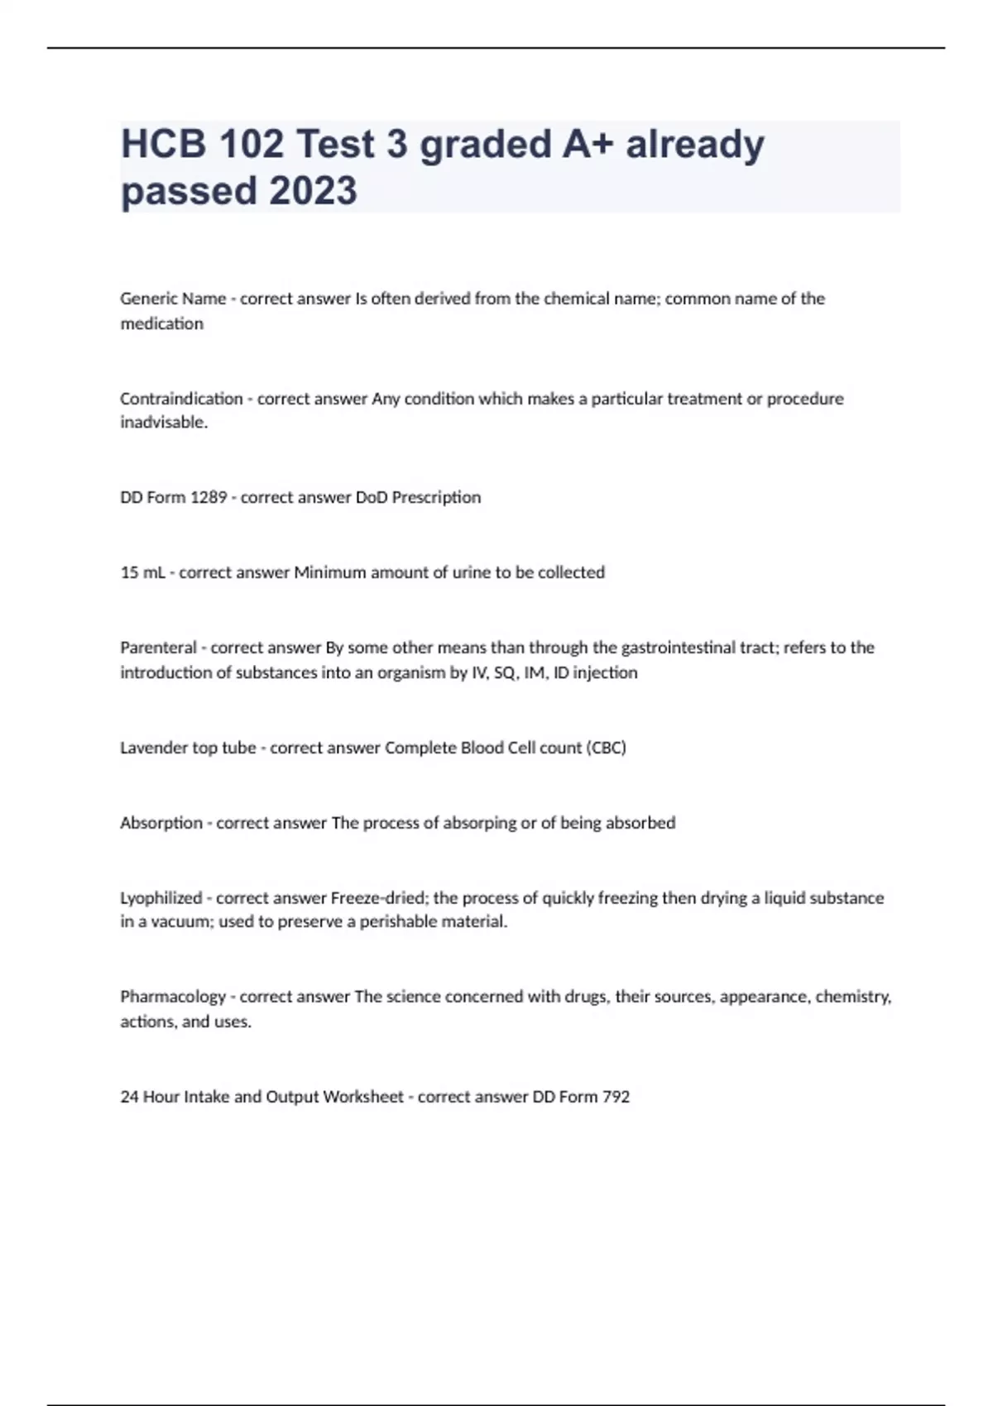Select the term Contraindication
point(181,399)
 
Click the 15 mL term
point(142,572)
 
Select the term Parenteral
point(158,648)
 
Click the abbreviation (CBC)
point(607,748)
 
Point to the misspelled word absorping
point(479,823)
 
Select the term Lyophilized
point(161,898)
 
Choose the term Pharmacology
point(172,997)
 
